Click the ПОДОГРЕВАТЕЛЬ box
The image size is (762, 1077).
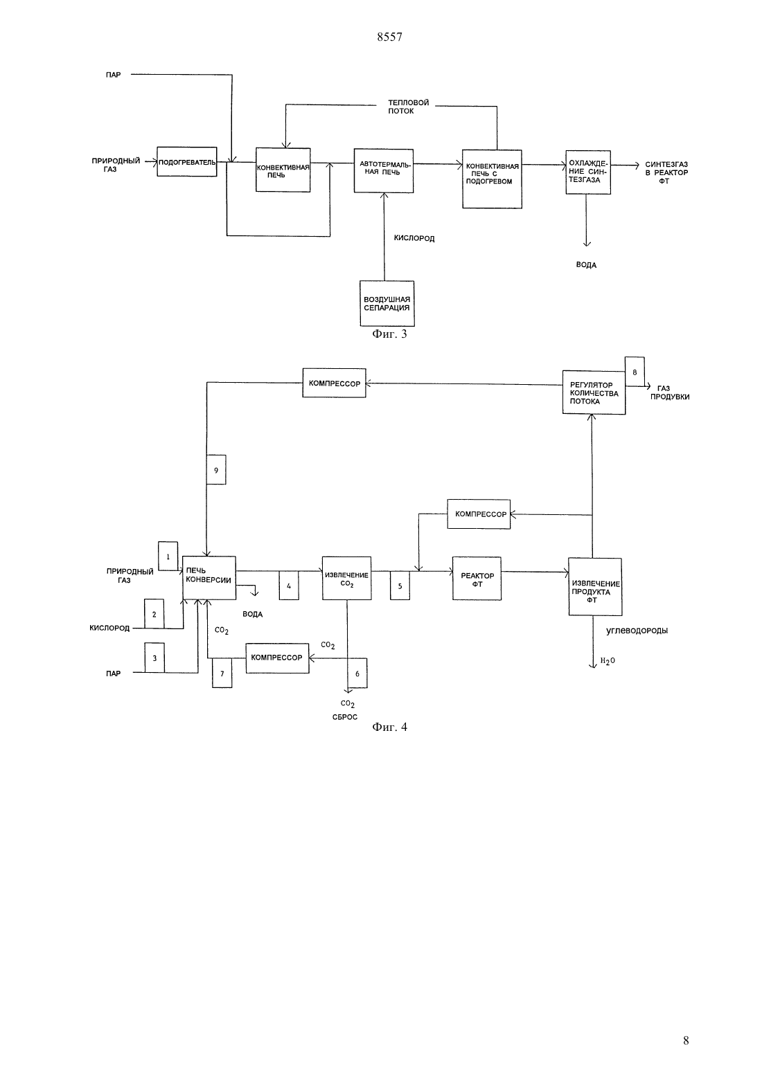click(186, 161)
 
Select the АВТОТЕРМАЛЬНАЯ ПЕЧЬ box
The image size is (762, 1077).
click(383, 171)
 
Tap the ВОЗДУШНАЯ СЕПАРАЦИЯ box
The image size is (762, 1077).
click(387, 303)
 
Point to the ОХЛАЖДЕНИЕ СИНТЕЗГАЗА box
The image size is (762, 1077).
click(588, 172)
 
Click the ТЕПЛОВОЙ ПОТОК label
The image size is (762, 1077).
click(409, 107)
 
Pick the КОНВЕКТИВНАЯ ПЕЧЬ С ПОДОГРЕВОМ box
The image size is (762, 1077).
click(492, 179)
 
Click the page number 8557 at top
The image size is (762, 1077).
click(389, 37)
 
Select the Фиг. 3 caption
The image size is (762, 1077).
click(389, 334)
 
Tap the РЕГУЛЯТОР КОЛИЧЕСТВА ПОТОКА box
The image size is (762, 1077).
click(594, 392)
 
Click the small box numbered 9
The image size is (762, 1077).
click(216, 470)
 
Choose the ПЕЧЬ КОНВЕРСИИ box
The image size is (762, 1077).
click(209, 578)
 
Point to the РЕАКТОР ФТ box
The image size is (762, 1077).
click(477, 579)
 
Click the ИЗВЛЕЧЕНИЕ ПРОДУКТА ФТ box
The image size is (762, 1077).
click(595, 586)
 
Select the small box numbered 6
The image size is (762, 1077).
click(357, 673)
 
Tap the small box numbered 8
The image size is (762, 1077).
click(635, 371)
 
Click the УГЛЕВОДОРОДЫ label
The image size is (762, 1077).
click(637, 631)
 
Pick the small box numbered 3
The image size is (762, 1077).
click(154, 658)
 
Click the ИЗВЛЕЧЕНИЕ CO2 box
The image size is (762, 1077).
click(346, 578)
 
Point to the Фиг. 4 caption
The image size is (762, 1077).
click(389, 727)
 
